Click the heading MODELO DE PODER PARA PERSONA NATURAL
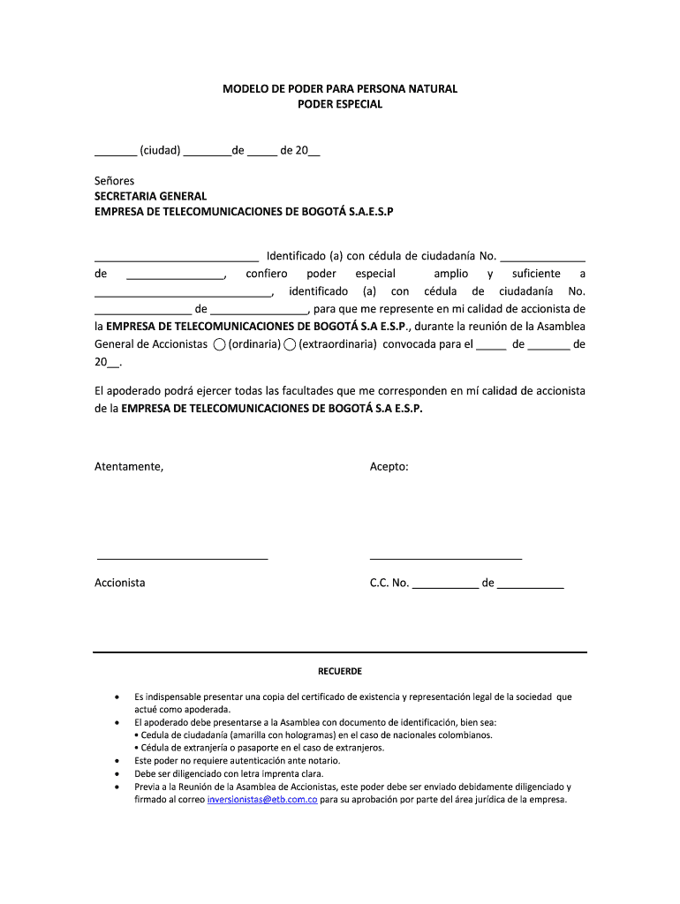coord(339,89)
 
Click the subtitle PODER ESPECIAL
coord(339,104)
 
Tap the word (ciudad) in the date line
coord(160,150)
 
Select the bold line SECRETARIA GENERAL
coord(150,196)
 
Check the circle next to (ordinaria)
coord(219,344)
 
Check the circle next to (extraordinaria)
coord(290,344)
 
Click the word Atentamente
coord(129,466)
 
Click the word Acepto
coord(389,466)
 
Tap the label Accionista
coord(120,583)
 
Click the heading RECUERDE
coord(340,672)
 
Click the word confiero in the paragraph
coord(267,274)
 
